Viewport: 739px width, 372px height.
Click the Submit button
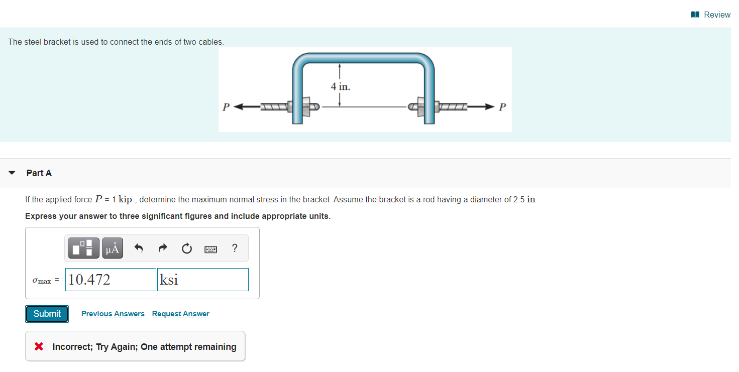tap(47, 314)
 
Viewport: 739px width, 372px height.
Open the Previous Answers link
tap(113, 314)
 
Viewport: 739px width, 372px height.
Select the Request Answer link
tap(180, 314)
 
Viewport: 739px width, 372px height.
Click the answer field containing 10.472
tap(111, 280)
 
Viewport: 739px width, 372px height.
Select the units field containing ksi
tap(203, 280)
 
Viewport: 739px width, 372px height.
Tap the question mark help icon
tap(235, 248)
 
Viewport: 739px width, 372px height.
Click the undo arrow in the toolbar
tap(139, 248)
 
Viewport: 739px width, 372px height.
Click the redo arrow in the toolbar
tap(162, 248)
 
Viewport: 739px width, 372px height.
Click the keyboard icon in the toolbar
tap(210, 249)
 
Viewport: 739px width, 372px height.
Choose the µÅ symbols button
tap(113, 248)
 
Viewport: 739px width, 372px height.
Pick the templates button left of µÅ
tap(83, 248)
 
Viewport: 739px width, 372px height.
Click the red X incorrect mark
tap(38, 346)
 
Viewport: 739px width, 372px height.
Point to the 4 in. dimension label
tap(340, 86)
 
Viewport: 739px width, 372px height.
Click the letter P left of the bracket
tap(226, 107)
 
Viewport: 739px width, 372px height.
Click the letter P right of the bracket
tap(503, 107)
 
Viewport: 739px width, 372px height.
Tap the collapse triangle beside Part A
tap(12, 173)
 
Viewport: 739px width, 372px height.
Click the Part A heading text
tap(39, 173)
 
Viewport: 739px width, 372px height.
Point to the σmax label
tap(42, 281)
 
